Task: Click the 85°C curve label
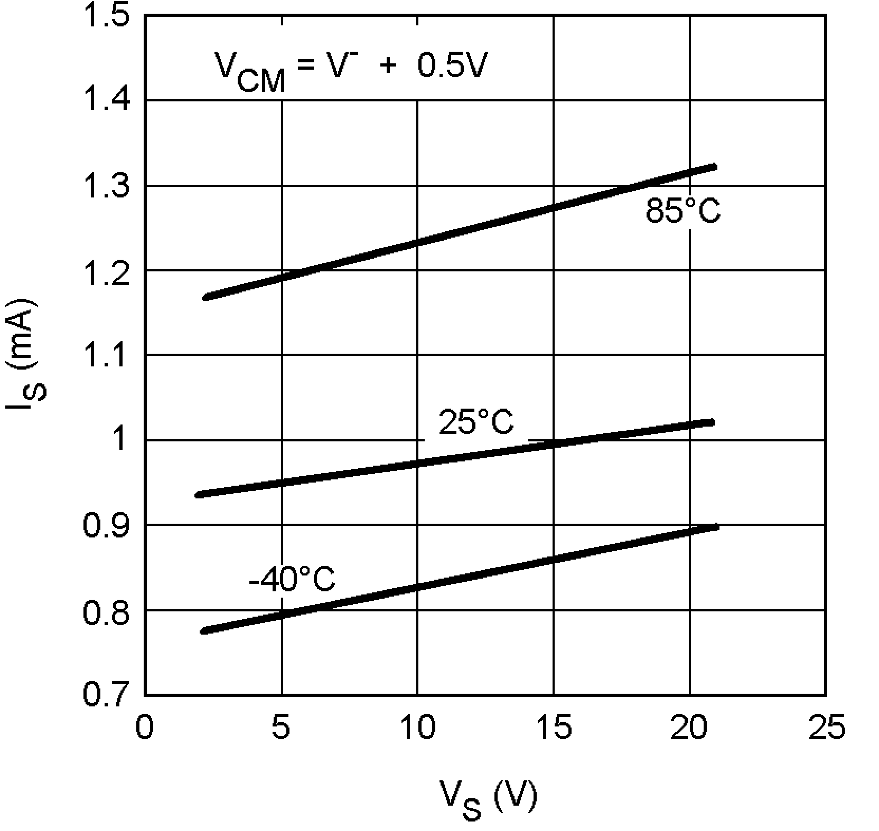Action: point(683,211)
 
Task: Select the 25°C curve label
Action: point(476,422)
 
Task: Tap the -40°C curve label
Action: point(292,579)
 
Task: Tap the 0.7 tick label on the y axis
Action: point(106,695)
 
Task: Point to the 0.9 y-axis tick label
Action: point(106,525)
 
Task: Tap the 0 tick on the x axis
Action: point(145,728)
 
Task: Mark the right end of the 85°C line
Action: point(714,167)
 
